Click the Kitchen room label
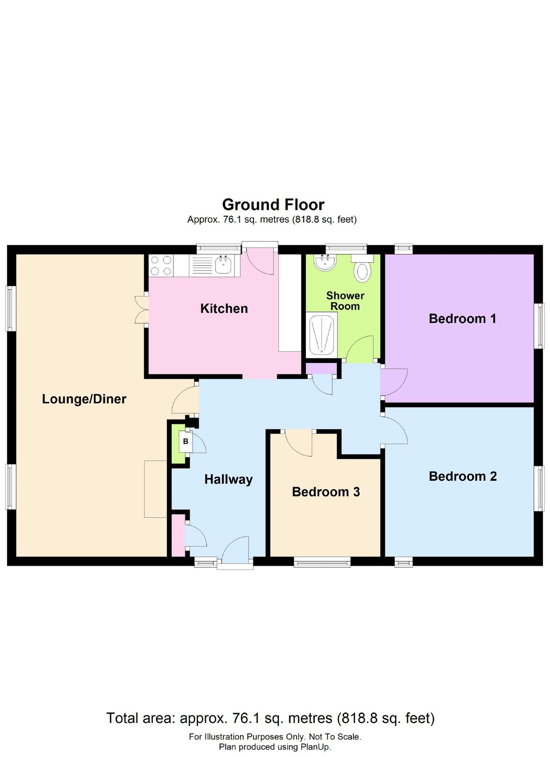click(224, 309)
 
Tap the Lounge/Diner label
click(84, 399)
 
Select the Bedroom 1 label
click(462, 319)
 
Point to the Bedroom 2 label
click(463, 476)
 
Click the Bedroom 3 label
click(326, 492)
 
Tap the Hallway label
click(228, 479)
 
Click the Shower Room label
click(345, 301)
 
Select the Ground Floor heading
click(273, 205)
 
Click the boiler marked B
click(186, 442)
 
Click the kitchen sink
click(224, 265)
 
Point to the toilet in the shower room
click(362, 269)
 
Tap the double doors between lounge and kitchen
click(141, 310)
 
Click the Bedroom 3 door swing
click(299, 443)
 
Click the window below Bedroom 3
click(322, 562)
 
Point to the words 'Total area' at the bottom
click(140, 718)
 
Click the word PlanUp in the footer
click(315, 747)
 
